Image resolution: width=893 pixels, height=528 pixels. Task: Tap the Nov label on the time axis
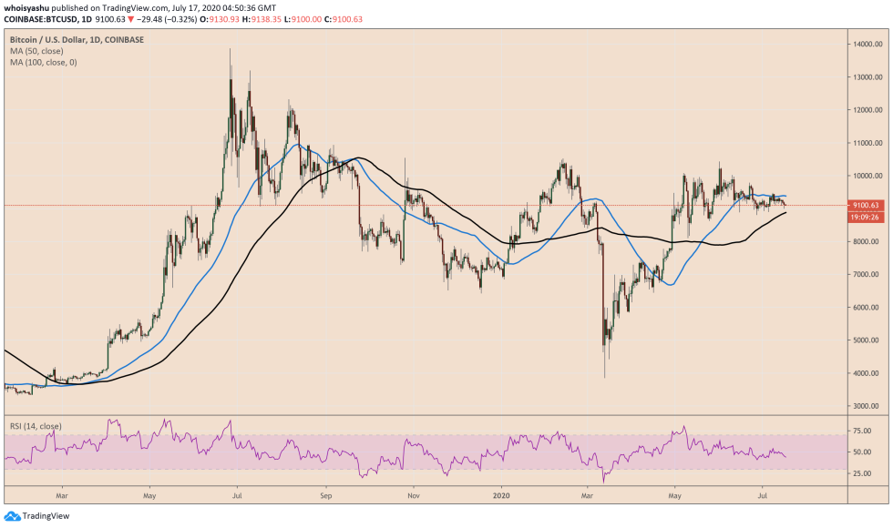pyautogui.click(x=414, y=497)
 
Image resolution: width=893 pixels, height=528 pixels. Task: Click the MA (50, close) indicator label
pyautogui.click(x=37, y=51)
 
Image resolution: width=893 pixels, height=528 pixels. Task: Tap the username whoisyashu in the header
pyautogui.click(x=29, y=8)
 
